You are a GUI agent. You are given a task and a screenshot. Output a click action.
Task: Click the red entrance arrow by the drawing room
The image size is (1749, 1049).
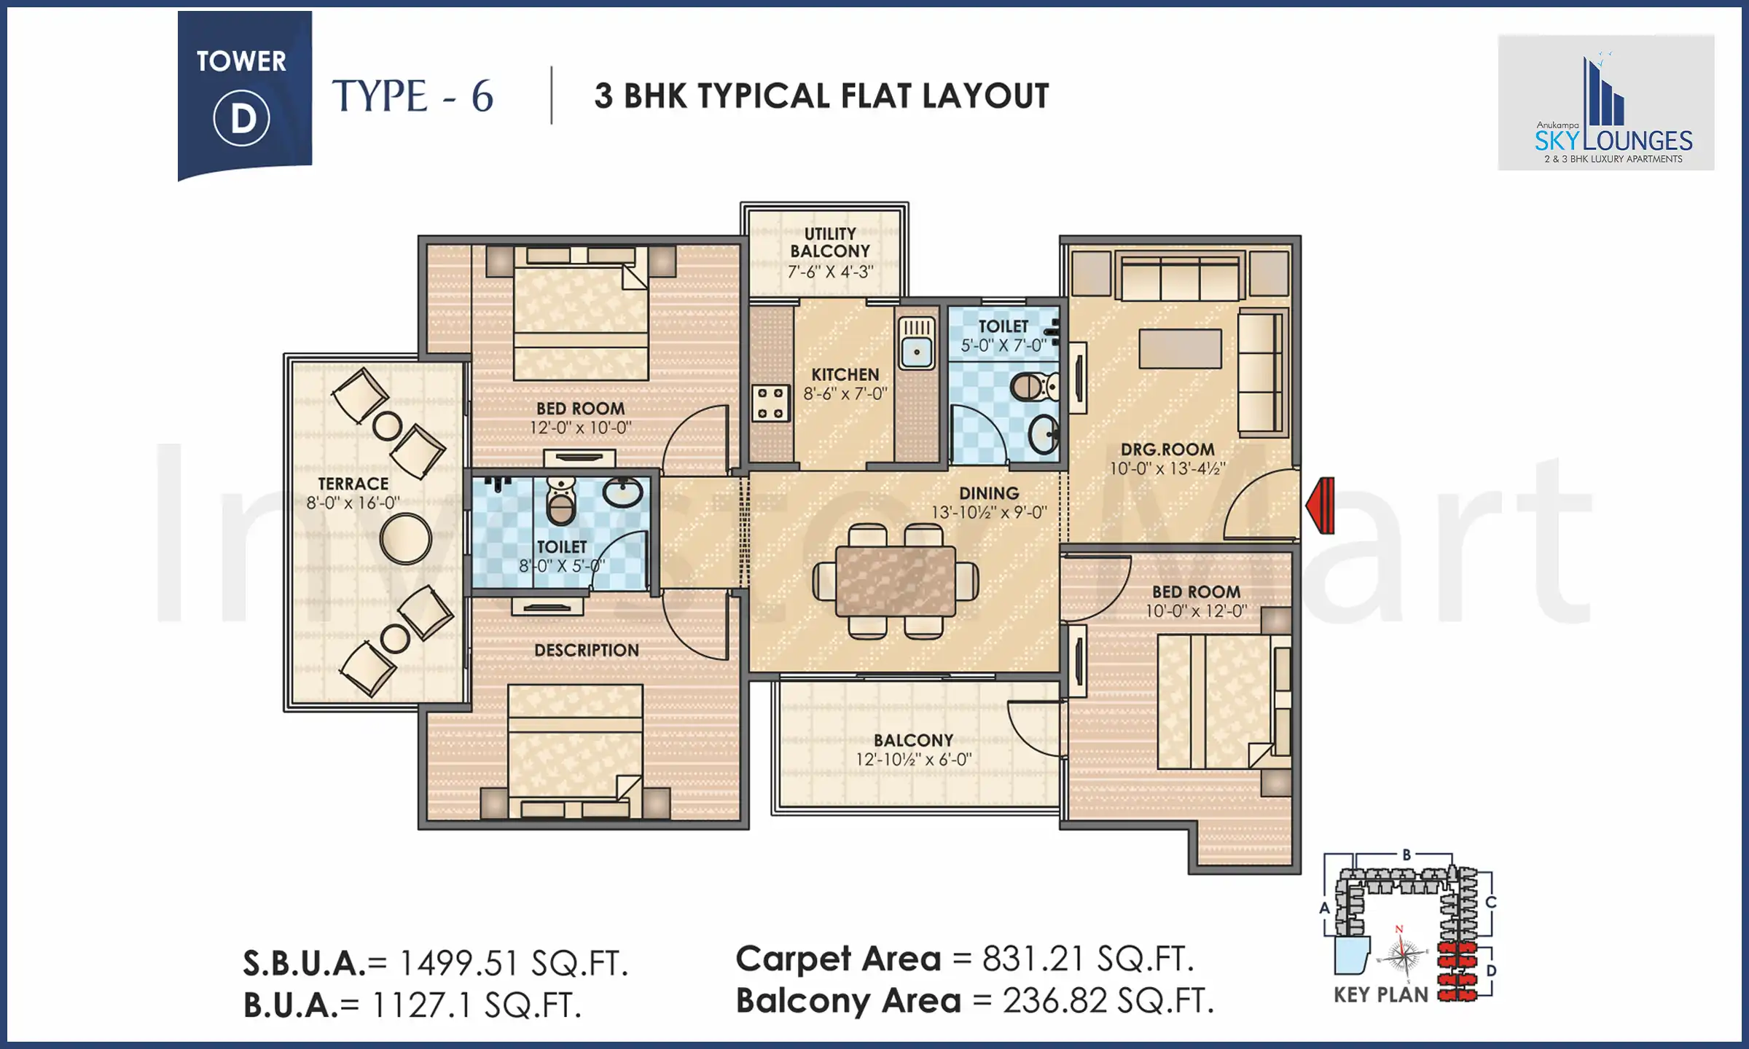pyautogui.click(x=1321, y=506)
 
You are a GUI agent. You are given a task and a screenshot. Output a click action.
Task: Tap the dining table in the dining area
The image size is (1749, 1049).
pyautogui.click(x=896, y=581)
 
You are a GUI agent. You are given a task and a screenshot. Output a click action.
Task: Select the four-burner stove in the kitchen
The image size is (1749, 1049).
pyautogui.click(x=770, y=403)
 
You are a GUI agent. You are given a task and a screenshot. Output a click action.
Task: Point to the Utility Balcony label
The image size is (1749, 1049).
pyautogui.click(x=830, y=243)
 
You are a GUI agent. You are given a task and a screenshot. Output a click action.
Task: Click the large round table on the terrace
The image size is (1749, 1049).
pyautogui.click(x=405, y=538)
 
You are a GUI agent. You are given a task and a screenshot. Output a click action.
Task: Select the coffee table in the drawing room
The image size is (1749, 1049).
pyautogui.click(x=1180, y=348)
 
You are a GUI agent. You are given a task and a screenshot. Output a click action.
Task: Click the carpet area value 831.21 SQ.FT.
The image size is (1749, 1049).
pyautogui.click(x=1087, y=959)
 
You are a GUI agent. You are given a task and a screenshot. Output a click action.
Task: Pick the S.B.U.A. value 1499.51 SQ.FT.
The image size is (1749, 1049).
pyautogui.click(x=513, y=964)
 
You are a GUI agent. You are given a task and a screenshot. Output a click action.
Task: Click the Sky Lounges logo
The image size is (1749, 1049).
pyautogui.click(x=1613, y=109)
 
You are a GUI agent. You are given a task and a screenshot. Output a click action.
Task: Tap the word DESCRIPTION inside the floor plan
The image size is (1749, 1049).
pyautogui.click(x=586, y=650)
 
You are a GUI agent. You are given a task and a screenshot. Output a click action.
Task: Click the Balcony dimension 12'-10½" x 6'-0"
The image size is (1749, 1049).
pyautogui.click(x=913, y=759)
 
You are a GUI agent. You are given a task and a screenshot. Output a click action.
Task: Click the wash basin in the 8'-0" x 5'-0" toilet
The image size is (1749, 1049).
pyautogui.click(x=622, y=492)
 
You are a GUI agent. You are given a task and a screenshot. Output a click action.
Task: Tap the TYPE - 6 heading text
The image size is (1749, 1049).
pyautogui.click(x=412, y=96)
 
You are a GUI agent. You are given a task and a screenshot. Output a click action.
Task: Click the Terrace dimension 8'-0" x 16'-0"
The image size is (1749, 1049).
pyautogui.click(x=353, y=503)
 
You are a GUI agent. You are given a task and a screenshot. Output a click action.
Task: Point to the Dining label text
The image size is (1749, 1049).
pyautogui.click(x=988, y=493)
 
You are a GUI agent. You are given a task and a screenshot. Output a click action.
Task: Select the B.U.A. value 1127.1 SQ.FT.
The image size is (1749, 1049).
pyautogui.click(x=477, y=1006)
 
